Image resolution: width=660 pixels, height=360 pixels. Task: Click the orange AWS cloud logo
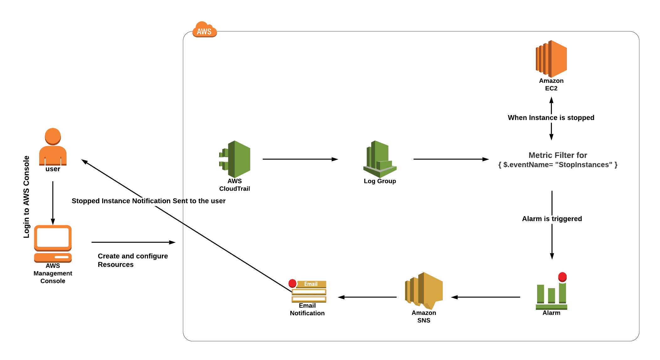[204, 30]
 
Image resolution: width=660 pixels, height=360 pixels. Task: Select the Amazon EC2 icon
[551, 59]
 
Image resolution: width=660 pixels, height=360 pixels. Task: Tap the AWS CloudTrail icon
[235, 159]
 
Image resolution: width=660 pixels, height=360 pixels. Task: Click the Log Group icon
[380, 159]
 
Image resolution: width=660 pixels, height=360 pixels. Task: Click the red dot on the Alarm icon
[562, 277]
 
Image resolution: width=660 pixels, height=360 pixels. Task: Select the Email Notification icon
[308, 291]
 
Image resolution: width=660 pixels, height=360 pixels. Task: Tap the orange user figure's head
[53, 136]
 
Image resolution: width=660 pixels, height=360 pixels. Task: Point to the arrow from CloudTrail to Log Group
[300, 159]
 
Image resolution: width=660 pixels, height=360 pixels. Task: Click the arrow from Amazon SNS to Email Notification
[367, 297]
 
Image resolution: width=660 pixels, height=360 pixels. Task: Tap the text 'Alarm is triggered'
[552, 219]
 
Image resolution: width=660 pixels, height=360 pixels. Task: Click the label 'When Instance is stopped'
[551, 118]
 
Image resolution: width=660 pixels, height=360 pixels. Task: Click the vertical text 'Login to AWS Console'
[26, 197]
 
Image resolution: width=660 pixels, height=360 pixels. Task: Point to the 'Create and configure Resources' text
[133, 260]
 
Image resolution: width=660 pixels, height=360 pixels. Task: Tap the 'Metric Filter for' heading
[557, 155]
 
